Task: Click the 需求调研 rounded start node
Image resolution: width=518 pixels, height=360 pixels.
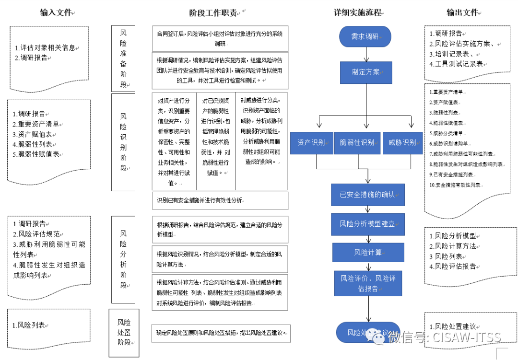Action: (x=365, y=36)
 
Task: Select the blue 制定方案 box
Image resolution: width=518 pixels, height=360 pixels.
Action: (x=366, y=72)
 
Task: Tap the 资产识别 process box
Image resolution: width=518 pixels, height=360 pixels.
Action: (x=311, y=142)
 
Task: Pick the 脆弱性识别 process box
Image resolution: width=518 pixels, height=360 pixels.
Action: (x=357, y=142)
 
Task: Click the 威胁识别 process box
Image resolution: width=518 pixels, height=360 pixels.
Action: (x=402, y=142)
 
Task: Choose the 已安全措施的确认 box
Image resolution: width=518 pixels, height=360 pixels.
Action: (x=367, y=195)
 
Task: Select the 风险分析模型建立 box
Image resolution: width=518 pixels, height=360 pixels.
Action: (x=367, y=224)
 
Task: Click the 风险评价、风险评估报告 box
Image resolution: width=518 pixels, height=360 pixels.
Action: (x=368, y=283)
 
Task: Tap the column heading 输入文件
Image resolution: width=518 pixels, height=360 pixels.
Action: (x=55, y=13)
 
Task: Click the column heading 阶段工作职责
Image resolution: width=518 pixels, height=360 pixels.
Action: (x=215, y=13)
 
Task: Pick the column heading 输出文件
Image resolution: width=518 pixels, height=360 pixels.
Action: (x=462, y=13)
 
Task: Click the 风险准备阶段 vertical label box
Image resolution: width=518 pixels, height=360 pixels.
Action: (x=123, y=58)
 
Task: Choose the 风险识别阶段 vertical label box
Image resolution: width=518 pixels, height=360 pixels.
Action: (x=123, y=142)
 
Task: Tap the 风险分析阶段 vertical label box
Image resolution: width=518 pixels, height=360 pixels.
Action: (x=123, y=259)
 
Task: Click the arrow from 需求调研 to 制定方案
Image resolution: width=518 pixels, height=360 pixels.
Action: (x=365, y=54)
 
